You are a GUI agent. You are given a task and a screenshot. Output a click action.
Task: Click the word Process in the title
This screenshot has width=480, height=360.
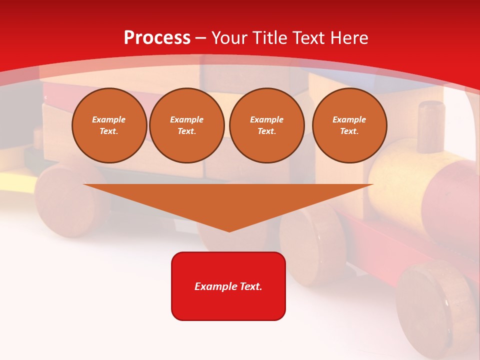(157, 37)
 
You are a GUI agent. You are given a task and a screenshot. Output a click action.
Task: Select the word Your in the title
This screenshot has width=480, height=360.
(230, 37)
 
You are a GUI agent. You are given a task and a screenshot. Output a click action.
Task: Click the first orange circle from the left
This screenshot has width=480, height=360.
(109, 125)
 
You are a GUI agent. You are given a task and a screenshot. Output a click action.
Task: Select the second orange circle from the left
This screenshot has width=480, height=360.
(187, 125)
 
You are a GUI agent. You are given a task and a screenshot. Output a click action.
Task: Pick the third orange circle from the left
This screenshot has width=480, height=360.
(266, 125)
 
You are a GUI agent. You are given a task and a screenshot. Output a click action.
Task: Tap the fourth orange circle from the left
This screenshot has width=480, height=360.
(349, 125)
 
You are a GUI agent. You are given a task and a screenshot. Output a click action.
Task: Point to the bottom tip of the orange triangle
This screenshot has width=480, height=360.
(229, 230)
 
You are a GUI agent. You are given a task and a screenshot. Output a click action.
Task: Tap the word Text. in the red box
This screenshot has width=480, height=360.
(250, 286)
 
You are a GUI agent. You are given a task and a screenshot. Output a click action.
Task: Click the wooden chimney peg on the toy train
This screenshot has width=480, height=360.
(431, 126)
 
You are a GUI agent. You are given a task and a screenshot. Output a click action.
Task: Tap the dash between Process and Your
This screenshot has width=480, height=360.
(200, 38)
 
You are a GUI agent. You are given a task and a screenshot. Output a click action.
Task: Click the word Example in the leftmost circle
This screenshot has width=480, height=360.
(109, 119)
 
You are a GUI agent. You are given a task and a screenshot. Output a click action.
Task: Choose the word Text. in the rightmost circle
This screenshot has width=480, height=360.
(349, 131)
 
